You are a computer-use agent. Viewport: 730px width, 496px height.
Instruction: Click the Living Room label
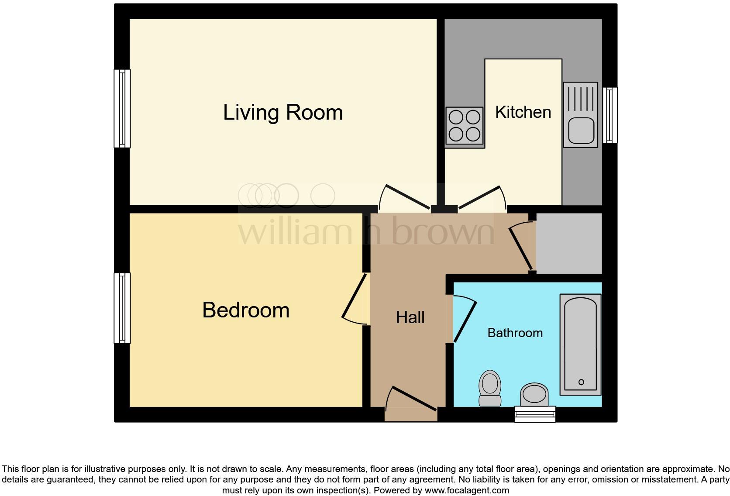coord(283,113)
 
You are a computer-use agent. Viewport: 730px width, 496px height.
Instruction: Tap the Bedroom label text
coord(246,310)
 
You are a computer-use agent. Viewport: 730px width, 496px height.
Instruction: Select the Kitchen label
coord(523,113)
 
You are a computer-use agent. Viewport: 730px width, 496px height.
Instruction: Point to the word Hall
coord(410,317)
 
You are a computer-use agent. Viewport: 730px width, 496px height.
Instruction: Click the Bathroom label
coord(515,333)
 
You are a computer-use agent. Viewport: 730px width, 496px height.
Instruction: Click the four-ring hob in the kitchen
coord(465,126)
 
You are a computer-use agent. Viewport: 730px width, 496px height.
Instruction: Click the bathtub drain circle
coord(581,382)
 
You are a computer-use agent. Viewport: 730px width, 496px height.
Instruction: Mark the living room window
coord(122,109)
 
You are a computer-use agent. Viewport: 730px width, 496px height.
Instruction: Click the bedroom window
coord(122,308)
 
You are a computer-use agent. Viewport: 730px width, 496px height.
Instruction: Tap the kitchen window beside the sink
coord(610,115)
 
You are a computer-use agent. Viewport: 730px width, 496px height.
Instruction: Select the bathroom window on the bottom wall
coord(535,414)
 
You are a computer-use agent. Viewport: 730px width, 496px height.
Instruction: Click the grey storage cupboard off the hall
coord(568,244)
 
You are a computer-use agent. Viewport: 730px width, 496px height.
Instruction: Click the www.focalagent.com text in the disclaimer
coord(467,490)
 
